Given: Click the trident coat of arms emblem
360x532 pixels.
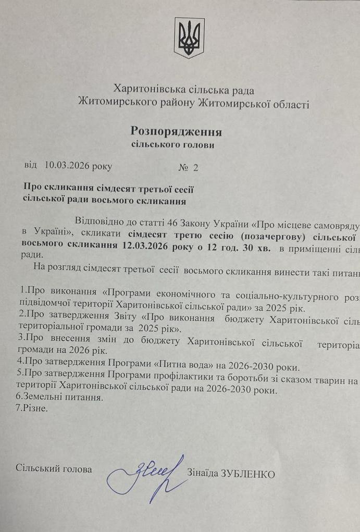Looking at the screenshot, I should point(189,38).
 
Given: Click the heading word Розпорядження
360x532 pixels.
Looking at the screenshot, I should point(176,131).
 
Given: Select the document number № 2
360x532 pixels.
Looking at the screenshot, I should point(189,167).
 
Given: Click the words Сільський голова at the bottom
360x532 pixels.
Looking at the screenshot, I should point(54,469).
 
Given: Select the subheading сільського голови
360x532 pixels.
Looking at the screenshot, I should point(172,145).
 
